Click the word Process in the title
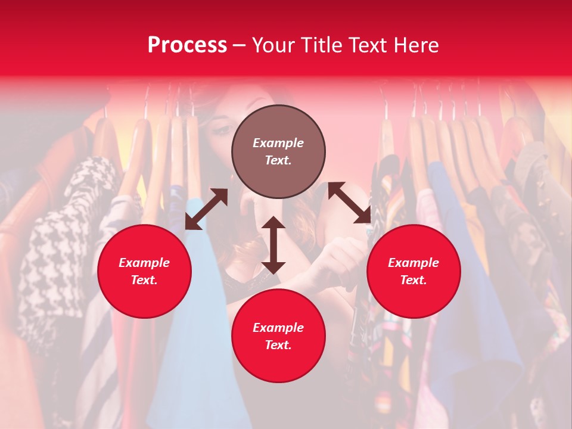click(x=187, y=45)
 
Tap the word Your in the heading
click(x=272, y=45)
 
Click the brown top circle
click(x=278, y=151)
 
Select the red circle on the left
click(x=144, y=271)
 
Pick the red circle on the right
click(x=414, y=271)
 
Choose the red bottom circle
click(x=278, y=336)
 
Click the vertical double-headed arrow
click(x=273, y=245)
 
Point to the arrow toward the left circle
click(x=206, y=209)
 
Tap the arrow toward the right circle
click(x=350, y=203)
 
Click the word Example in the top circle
click(x=278, y=143)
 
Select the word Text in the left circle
click(x=144, y=280)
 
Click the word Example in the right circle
click(x=414, y=263)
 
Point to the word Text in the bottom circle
click(x=278, y=345)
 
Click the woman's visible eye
click(x=222, y=129)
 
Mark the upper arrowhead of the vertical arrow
click(x=273, y=222)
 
